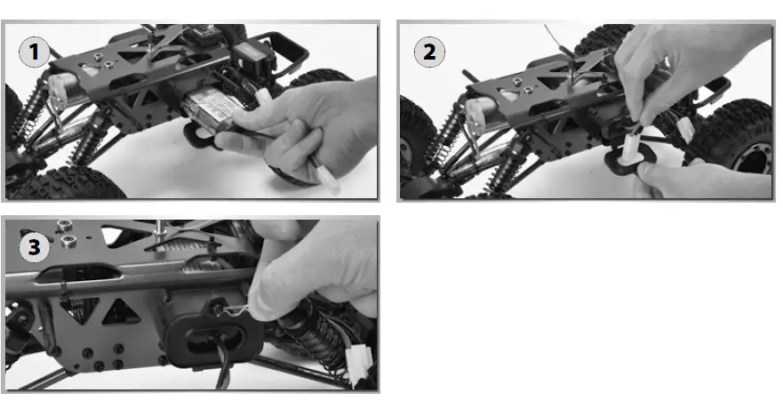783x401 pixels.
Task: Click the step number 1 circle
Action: click(x=36, y=52)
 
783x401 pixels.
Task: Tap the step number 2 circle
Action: click(x=429, y=52)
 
